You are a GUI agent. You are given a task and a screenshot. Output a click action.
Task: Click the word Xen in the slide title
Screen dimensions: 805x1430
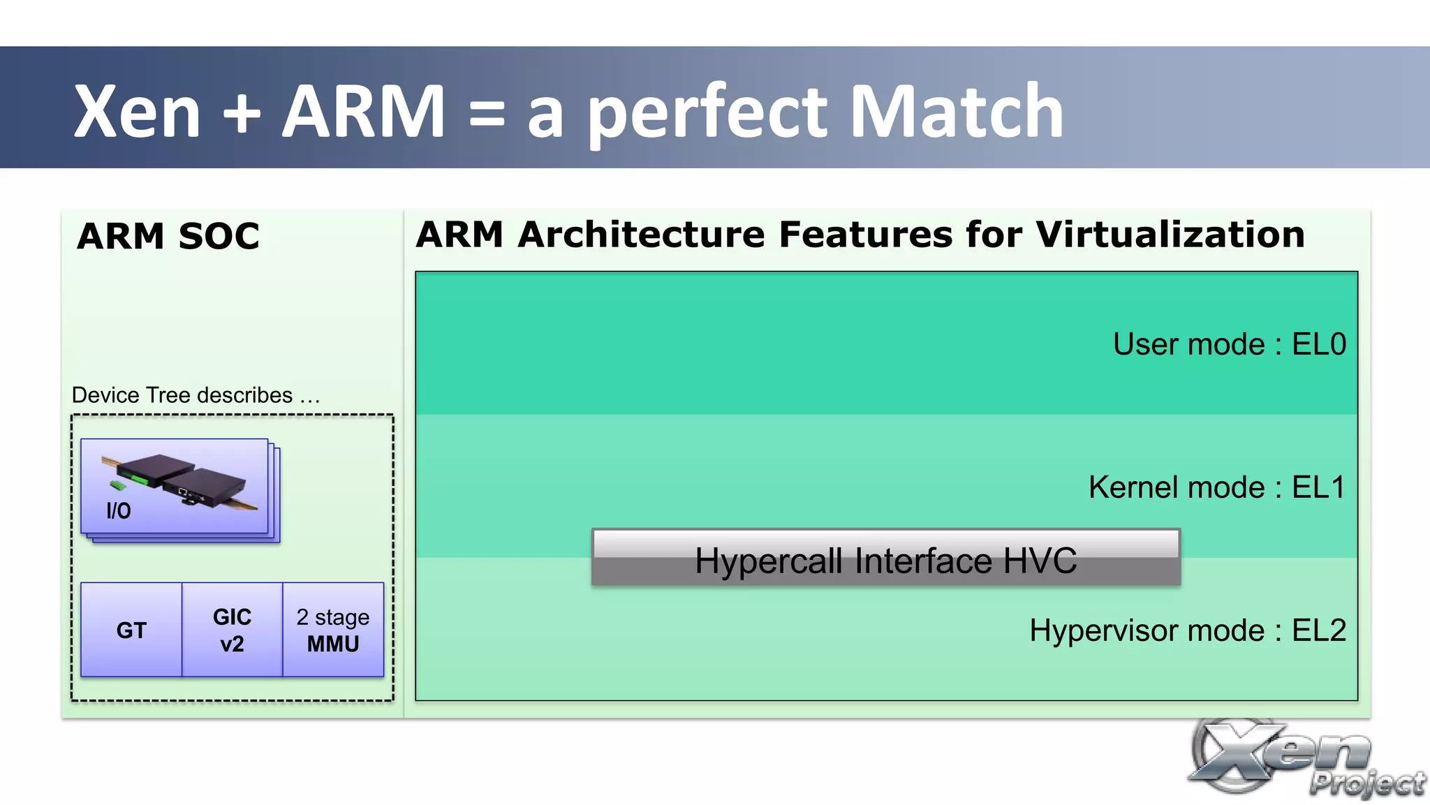(137, 112)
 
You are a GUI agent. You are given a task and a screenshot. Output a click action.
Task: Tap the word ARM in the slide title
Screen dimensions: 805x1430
(363, 112)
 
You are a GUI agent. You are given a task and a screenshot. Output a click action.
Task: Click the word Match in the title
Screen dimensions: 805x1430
(957, 112)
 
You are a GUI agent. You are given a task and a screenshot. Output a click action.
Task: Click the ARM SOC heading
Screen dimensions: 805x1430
(168, 236)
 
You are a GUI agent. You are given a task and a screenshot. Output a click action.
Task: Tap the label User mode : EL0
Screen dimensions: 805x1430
(1229, 344)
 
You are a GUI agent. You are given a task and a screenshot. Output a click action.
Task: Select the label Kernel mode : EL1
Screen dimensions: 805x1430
(1216, 487)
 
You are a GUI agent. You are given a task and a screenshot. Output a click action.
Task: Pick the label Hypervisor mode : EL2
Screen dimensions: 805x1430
(1187, 630)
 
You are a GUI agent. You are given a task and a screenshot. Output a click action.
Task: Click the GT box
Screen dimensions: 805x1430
(131, 630)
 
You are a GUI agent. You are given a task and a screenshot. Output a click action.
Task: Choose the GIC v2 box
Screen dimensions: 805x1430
(232, 630)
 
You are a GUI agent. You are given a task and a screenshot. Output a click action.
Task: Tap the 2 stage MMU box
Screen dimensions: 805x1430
(333, 630)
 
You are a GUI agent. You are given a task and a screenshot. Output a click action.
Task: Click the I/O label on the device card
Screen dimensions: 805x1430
(118, 511)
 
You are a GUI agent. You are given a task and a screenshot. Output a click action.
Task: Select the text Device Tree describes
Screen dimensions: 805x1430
(182, 395)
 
